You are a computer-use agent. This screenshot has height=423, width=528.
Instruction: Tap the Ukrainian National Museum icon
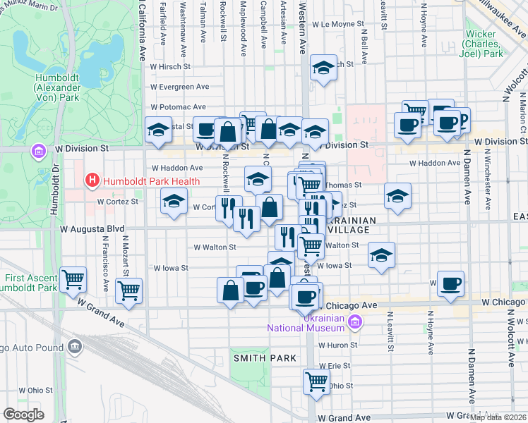pos(355,323)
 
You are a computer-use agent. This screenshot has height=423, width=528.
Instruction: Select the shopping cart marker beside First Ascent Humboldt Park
pos(73,279)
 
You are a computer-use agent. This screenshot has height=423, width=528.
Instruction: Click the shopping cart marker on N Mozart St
pos(128,290)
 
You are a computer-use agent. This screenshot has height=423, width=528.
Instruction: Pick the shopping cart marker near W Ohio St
pos(316,381)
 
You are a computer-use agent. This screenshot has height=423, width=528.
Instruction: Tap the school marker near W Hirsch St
pos(323,68)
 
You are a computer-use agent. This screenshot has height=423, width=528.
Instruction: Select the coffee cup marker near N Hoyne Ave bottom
pos(450,284)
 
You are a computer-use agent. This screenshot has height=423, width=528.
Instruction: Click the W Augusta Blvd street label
pos(92,229)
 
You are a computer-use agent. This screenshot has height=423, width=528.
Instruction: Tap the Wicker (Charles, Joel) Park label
pos(483,44)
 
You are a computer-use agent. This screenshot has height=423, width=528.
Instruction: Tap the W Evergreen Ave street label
pos(180,87)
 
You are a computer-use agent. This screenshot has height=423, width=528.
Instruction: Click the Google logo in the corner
pos(24,415)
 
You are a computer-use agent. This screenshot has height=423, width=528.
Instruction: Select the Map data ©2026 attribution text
pos(498,417)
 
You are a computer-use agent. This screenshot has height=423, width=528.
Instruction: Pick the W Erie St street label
pos(334,366)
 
